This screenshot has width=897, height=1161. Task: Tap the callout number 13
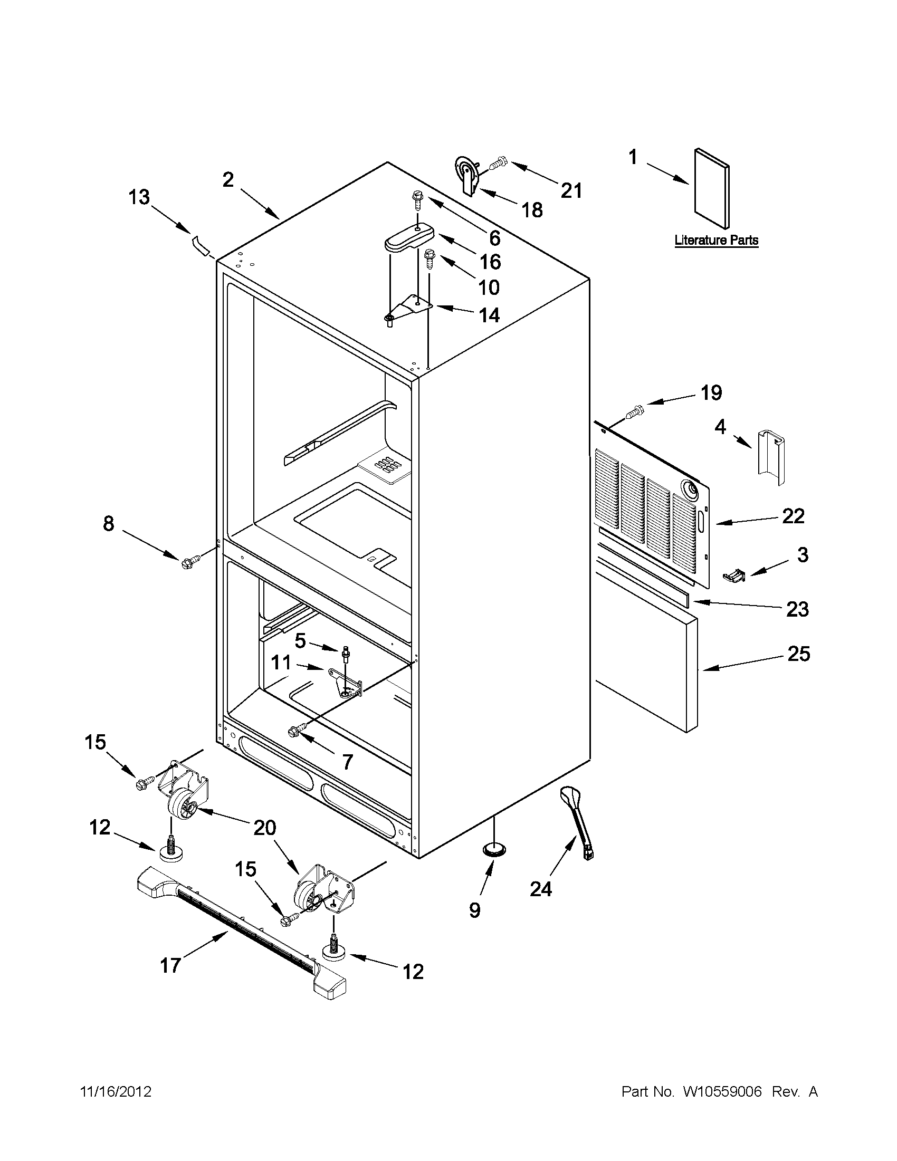pyautogui.click(x=139, y=198)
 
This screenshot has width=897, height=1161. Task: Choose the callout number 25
pyautogui.click(x=798, y=654)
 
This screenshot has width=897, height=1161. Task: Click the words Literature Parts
pyautogui.click(x=716, y=241)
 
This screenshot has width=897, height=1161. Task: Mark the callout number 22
pyautogui.click(x=793, y=516)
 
